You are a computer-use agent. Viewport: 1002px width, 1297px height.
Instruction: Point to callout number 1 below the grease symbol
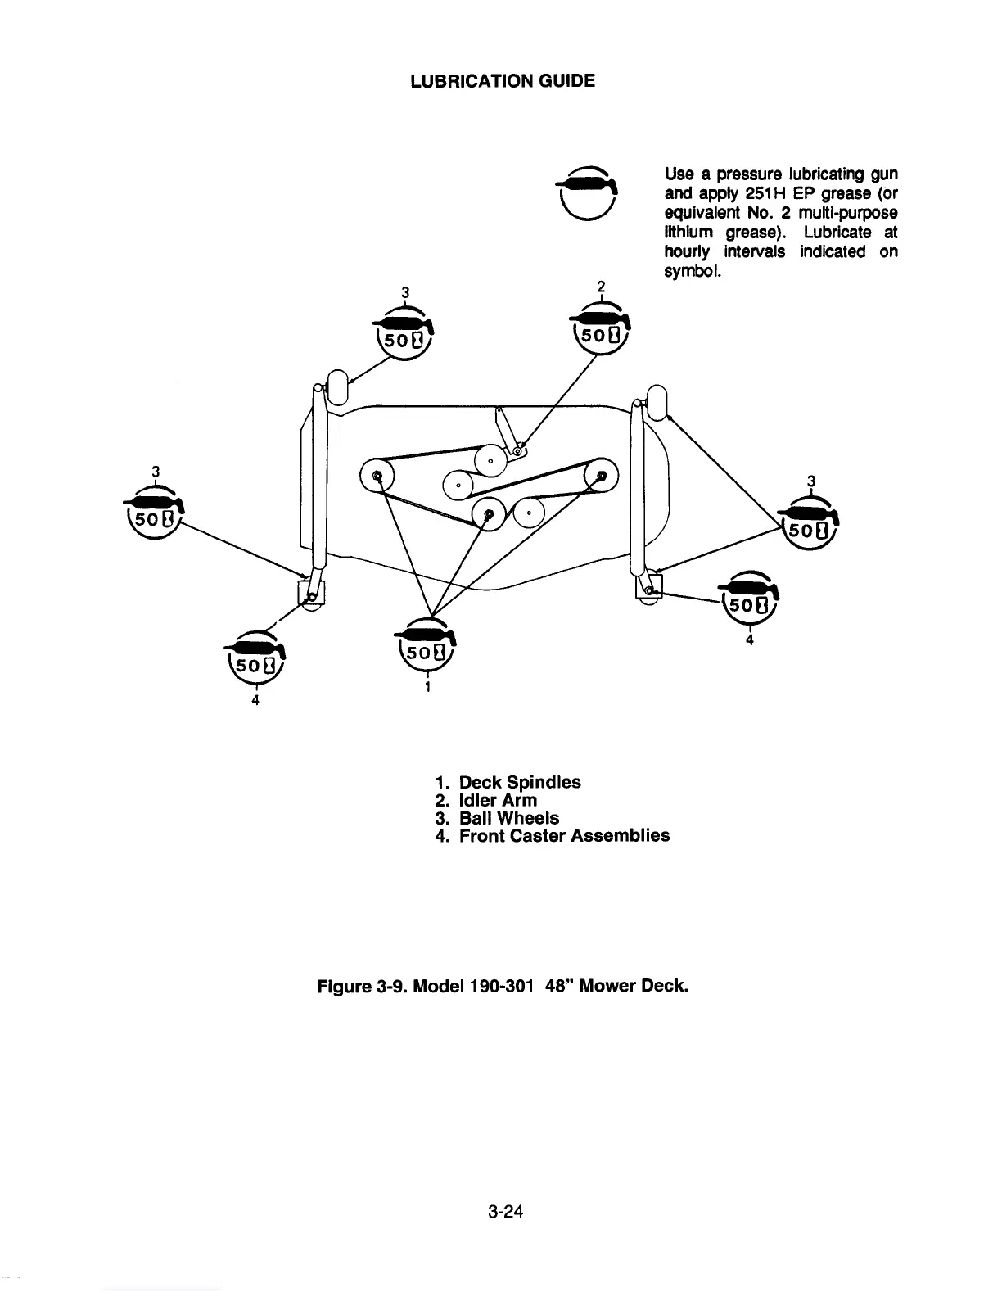click(427, 688)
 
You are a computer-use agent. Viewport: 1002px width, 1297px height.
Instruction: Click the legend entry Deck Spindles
click(520, 782)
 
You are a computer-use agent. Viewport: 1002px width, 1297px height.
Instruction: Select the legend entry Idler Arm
click(498, 800)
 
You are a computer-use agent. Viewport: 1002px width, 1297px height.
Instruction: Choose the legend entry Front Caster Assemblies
click(564, 836)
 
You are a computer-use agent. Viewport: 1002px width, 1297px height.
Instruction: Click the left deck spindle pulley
click(377, 474)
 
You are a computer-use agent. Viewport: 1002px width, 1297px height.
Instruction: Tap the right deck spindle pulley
click(601, 474)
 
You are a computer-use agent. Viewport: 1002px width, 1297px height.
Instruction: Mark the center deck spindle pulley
click(489, 513)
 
